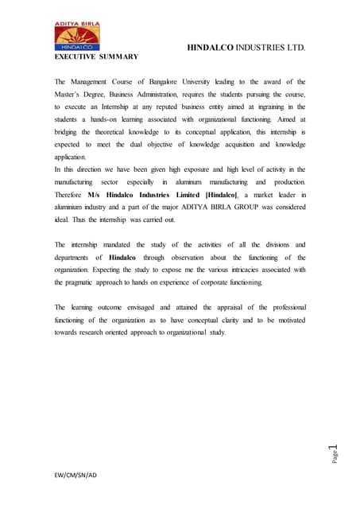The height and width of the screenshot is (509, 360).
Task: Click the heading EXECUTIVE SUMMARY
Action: click(x=96, y=57)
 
